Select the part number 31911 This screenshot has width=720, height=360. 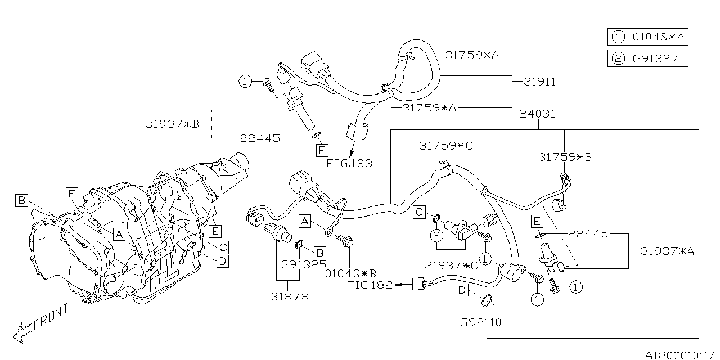pyautogui.click(x=539, y=82)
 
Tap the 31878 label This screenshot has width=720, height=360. pyautogui.click(x=290, y=296)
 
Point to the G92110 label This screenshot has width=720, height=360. pyautogui.click(x=480, y=323)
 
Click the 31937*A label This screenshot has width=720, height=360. pyautogui.click(x=667, y=251)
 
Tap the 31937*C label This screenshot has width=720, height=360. pyautogui.click(x=451, y=265)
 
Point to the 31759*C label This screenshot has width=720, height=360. pyautogui.click(x=446, y=145)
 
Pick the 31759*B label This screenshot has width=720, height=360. pyautogui.click(x=565, y=157)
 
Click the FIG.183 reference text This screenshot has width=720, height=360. pyautogui.click(x=349, y=163)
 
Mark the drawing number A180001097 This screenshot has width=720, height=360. pyautogui.click(x=679, y=355)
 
